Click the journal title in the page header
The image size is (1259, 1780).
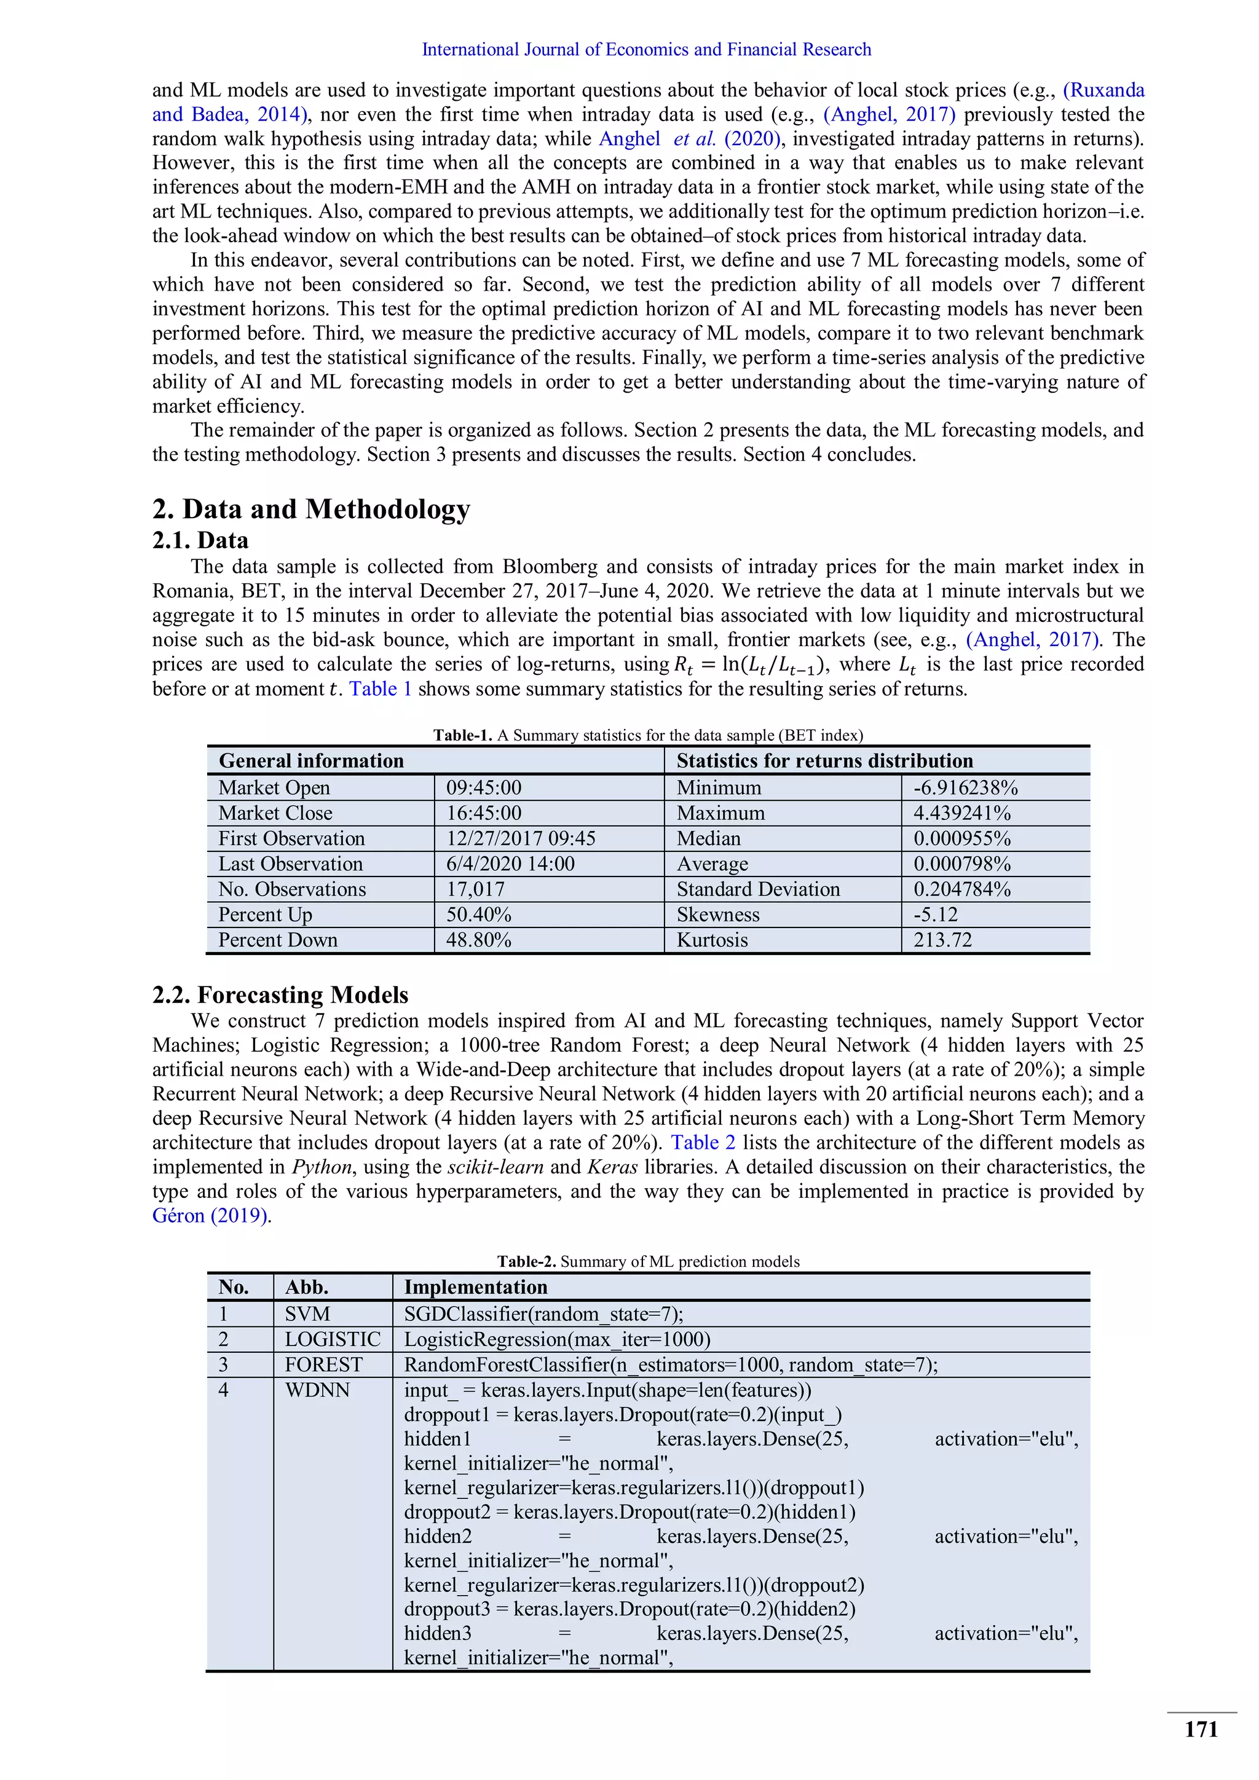(x=645, y=50)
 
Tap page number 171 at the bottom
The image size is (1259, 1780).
(x=1201, y=1729)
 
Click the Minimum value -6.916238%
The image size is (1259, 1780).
(x=965, y=788)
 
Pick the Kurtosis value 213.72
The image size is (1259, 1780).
(x=942, y=940)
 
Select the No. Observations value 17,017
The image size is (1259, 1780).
(x=475, y=889)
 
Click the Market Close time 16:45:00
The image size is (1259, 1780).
(x=483, y=813)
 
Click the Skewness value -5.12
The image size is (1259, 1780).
(x=935, y=915)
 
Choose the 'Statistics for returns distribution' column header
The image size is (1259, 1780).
(x=824, y=760)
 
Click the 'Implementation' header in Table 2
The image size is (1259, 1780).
(x=475, y=1287)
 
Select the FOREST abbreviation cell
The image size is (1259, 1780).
(x=323, y=1365)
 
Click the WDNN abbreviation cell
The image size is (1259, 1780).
(x=317, y=1390)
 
